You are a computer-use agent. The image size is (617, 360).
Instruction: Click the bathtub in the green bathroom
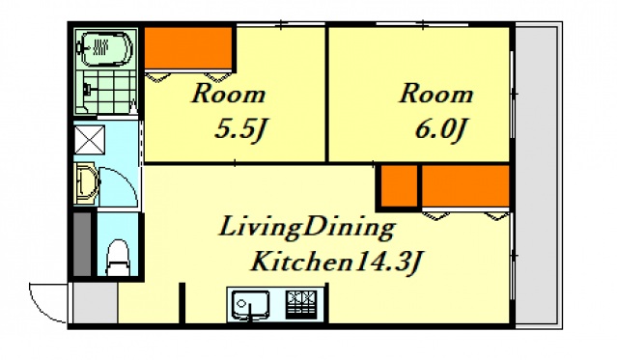pos(106,49)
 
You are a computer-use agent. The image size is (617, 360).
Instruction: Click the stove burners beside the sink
pos(301,305)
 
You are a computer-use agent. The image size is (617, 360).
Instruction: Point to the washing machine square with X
pos(90,140)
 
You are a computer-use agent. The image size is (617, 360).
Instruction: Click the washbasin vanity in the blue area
pos(87,184)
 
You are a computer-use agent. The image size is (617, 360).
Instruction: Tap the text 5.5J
pos(240,130)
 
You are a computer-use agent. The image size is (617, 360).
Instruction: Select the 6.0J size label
pos(440,130)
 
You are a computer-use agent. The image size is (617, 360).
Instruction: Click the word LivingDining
pos(307,228)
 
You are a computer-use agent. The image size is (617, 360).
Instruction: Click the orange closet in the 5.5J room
pos(188,48)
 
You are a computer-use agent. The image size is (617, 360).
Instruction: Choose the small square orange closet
pos(399,185)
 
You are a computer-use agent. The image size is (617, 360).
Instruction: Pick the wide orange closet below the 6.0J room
pos(465,185)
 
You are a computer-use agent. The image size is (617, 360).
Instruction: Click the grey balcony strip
pos(537,176)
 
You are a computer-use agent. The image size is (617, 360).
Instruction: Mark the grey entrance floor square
pos(96,302)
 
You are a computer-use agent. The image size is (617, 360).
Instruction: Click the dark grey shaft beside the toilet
pos(83,244)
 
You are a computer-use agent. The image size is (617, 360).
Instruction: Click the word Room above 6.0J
pos(436,95)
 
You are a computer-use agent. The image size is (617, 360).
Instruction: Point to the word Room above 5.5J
pos(228,95)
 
